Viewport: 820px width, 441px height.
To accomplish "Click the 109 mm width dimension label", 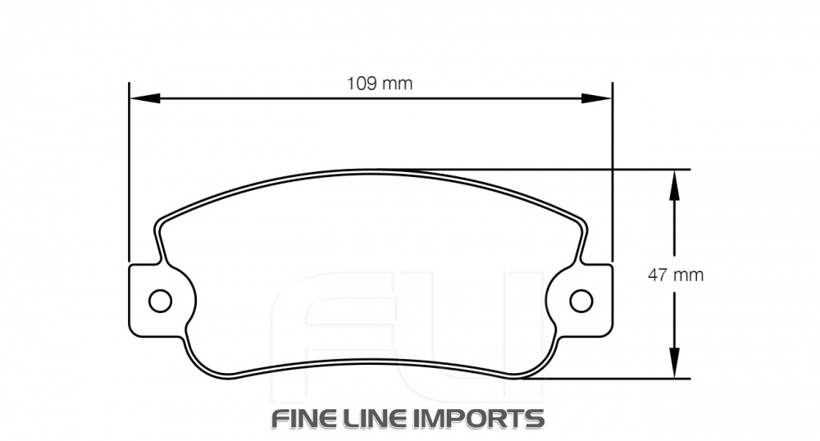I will [x=379, y=83].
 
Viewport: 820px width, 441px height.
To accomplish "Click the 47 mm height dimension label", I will [x=675, y=275].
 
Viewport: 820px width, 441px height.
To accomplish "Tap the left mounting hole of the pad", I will [x=160, y=300].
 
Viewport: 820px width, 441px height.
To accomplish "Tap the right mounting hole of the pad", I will [x=581, y=300].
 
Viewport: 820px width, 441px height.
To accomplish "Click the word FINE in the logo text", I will [x=303, y=419].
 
